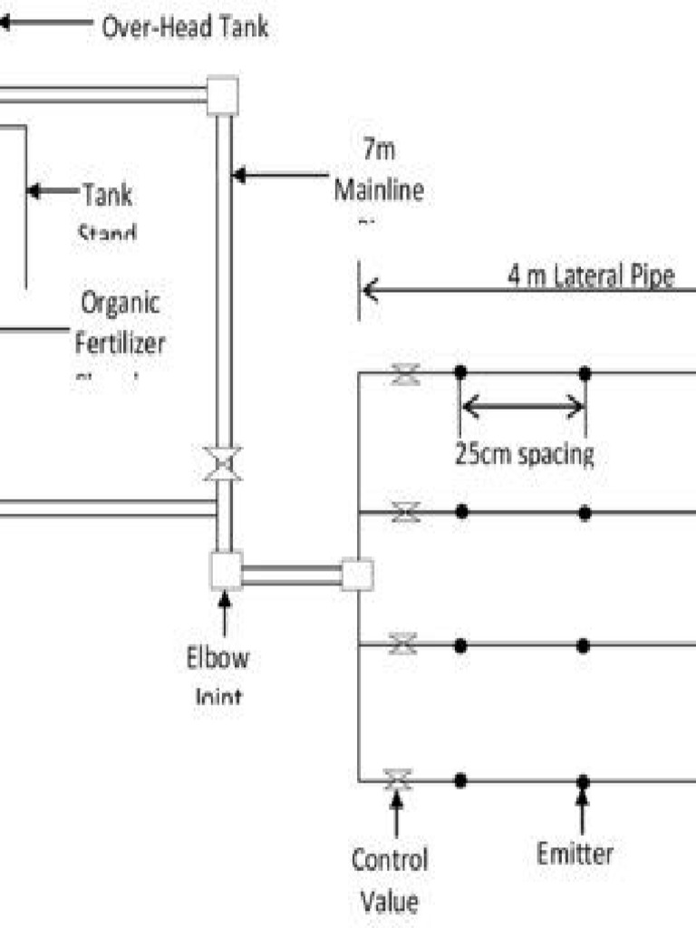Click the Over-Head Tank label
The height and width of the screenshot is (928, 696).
point(184,27)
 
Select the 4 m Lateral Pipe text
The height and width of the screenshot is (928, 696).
point(591,277)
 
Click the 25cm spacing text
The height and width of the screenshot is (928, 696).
point(524,454)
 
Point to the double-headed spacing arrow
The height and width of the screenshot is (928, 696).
point(523,407)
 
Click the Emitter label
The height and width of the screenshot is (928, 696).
point(575,853)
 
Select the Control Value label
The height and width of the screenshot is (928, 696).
point(390,879)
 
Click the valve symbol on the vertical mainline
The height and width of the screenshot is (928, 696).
point(221,463)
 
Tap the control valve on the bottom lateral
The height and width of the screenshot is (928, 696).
point(397,778)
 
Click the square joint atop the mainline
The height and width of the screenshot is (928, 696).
point(222,95)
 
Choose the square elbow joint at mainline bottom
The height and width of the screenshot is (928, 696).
point(225,571)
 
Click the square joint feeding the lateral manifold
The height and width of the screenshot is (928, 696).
point(357,575)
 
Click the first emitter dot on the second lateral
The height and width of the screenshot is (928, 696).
point(461,512)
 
